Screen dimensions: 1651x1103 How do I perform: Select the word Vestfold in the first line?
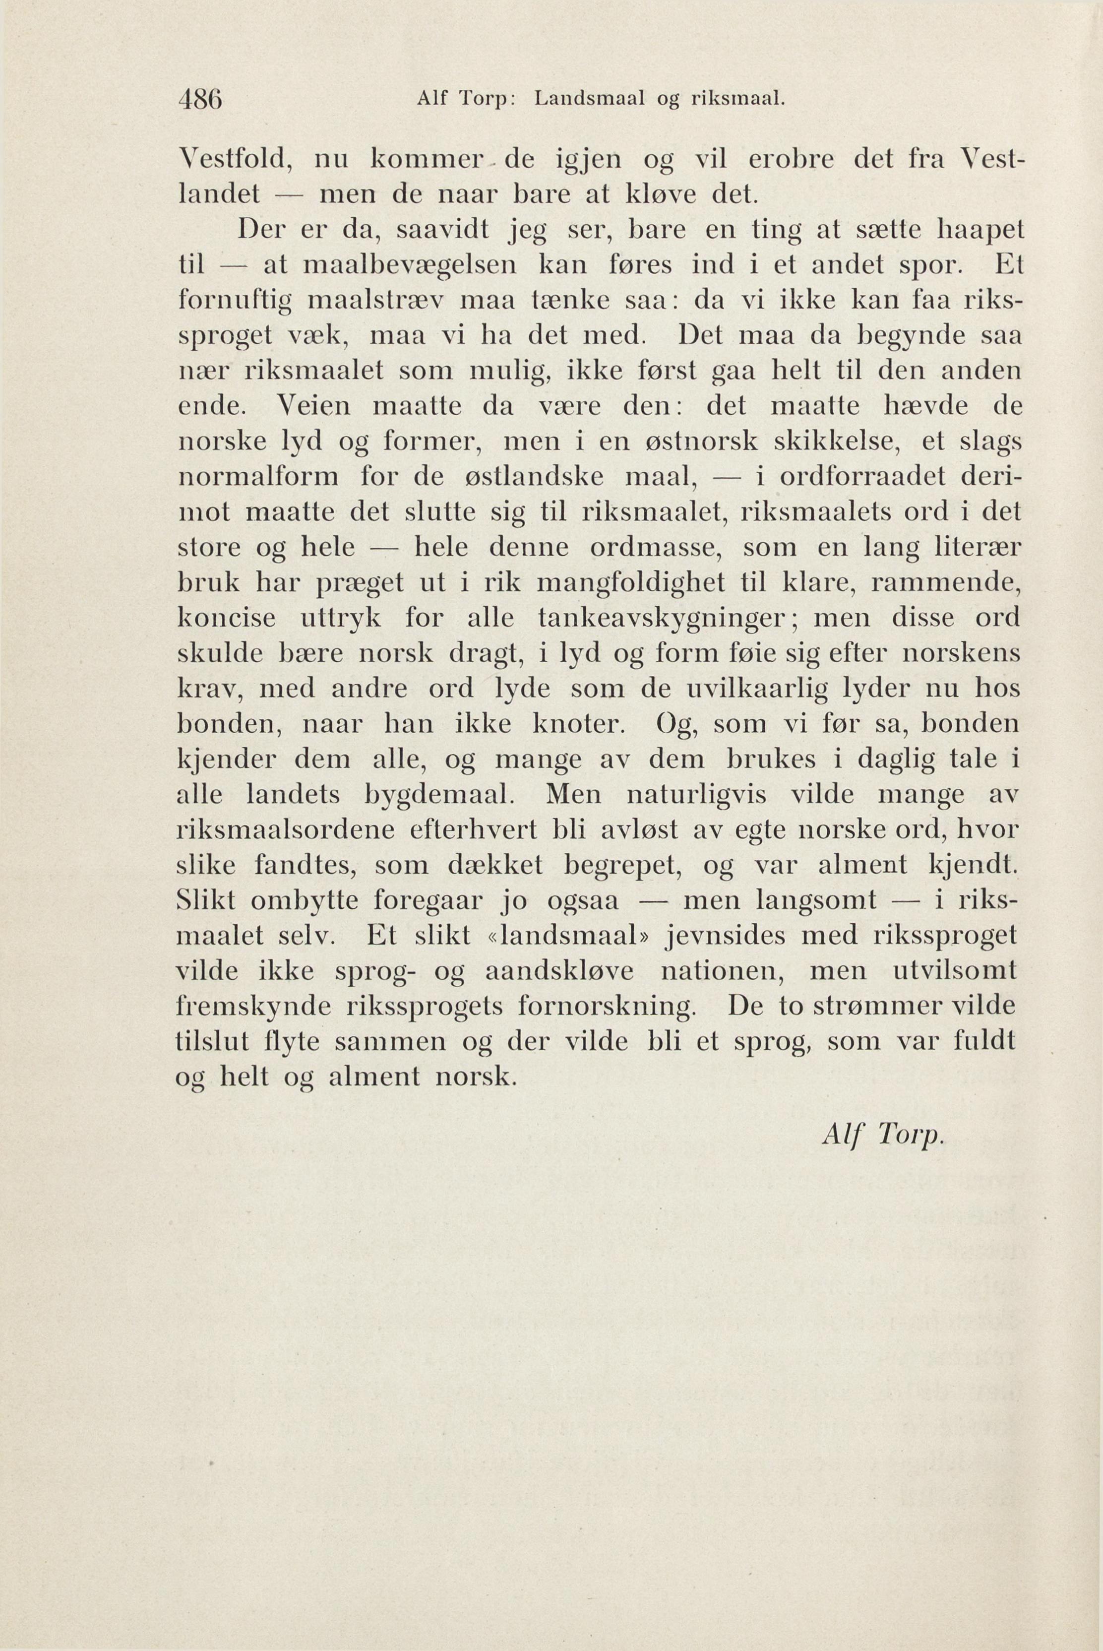click(x=234, y=160)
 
